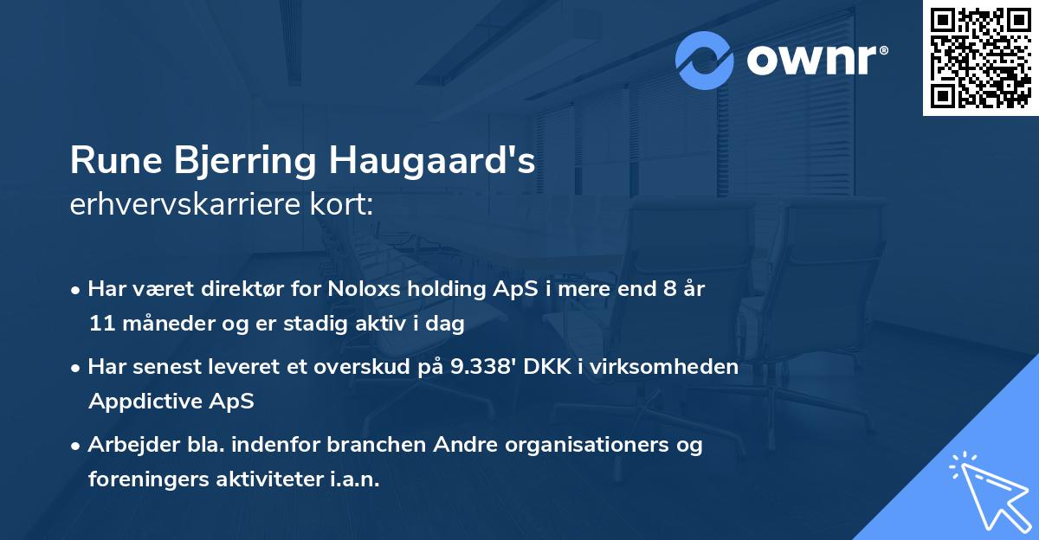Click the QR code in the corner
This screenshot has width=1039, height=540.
coord(979,58)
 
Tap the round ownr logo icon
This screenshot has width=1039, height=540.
coord(705,60)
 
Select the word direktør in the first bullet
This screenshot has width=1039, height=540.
coord(229,289)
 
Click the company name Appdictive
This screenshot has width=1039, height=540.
coord(144,402)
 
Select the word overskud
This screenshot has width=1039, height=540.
coord(368,367)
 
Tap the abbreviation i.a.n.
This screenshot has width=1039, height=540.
coord(354,479)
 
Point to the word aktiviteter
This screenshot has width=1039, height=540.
coord(269,479)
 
